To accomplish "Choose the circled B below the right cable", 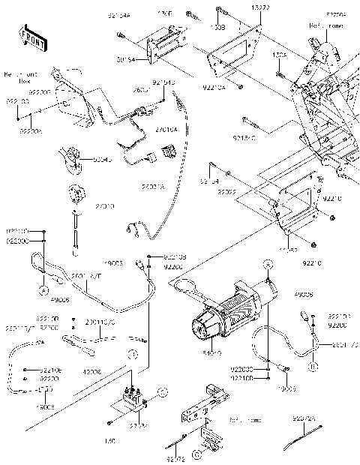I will pyautogui.click(x=313, y=366).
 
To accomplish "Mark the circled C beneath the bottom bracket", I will pyautogui.click(x=196, y=454).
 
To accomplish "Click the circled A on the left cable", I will pyautogui.click(x=43, y=288).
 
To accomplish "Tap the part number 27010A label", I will pyautogui.click(x=166, y=130).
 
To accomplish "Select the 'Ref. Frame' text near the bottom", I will pyautogui.click(x=244, y=420).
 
